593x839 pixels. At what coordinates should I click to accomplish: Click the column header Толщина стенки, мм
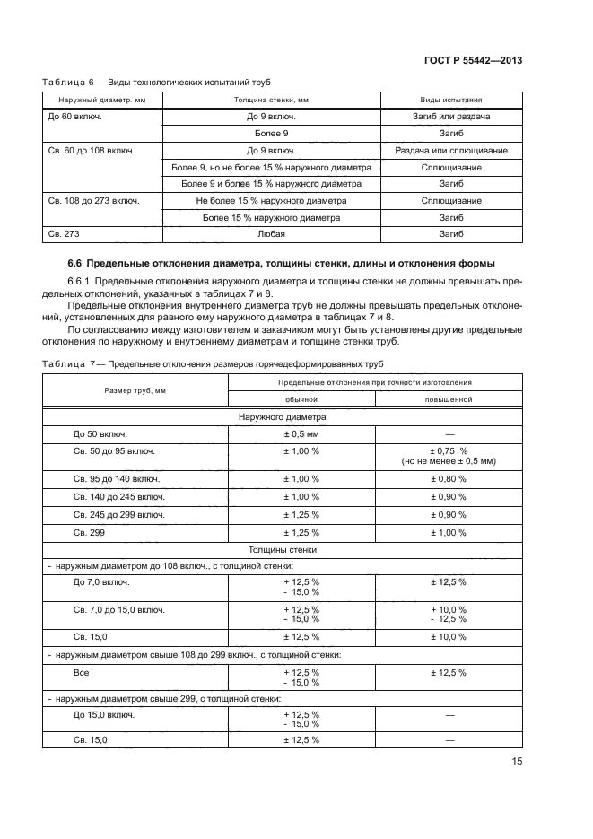point(271,101)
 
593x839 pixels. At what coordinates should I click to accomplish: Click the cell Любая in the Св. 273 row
point(271,233)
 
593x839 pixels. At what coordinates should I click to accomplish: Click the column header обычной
point(301,398)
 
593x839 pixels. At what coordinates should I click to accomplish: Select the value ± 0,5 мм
point(301,433)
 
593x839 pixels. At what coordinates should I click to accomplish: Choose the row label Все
point(81,673)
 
